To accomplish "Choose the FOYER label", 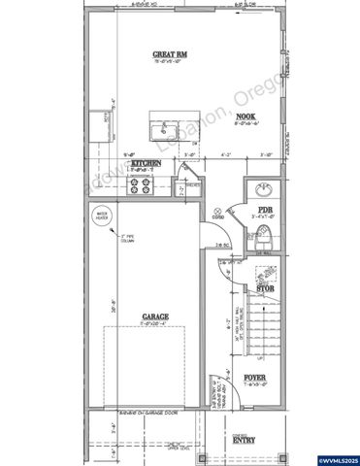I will [253, 377].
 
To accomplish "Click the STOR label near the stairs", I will [264, 288].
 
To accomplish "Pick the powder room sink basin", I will [264, 188].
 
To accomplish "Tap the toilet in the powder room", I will [264, 234].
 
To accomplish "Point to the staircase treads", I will [262, 330].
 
